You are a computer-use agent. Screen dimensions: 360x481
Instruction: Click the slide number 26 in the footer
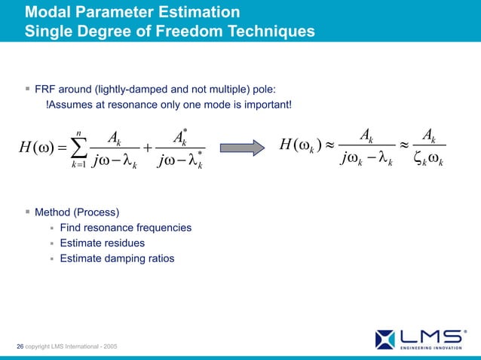(20, 346)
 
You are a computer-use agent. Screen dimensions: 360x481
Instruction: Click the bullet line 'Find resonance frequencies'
(125, 227)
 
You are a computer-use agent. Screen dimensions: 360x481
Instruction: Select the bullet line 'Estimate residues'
(102, 243)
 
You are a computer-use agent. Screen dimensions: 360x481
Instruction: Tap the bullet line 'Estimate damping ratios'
(117, 258)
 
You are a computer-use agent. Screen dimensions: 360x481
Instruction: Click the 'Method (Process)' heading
(77, 211)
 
